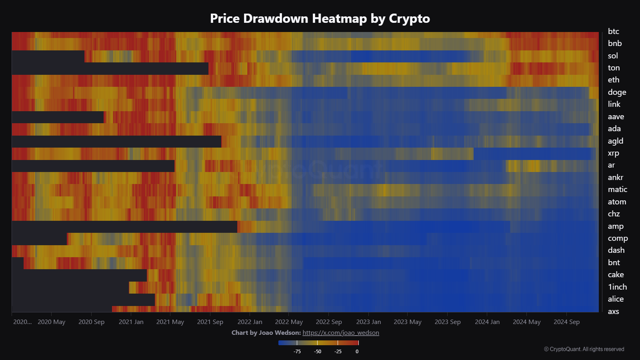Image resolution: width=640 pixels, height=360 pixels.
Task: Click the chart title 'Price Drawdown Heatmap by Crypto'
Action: [320, 18]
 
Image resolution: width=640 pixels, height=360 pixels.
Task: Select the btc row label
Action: [613, 31]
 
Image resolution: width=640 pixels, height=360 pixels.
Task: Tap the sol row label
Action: [613, 56]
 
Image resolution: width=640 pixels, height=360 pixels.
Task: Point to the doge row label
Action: [617, 92]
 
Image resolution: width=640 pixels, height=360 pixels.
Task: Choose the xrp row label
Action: [613, 153]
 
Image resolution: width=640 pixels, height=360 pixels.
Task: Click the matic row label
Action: [617, 189]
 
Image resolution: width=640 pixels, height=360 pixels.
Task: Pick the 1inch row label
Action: [617, 287]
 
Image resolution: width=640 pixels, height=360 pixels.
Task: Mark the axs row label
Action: [613, 311]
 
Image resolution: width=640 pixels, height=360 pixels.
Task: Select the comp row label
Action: [618, 238]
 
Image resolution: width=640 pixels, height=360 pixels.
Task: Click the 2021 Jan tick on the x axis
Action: [131, 322]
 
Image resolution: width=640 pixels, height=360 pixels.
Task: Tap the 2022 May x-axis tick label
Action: [289, 322]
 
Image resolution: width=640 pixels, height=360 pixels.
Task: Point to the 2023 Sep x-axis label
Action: [448, 322]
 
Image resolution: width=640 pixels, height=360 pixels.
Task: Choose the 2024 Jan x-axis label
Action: [487, 322]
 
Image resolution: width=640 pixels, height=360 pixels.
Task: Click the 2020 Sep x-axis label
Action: [91, 322]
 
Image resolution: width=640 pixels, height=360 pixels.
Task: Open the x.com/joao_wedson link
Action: [341, 333]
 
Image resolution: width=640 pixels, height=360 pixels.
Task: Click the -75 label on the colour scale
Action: [297, 352]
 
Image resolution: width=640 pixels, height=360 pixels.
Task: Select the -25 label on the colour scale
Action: [338, 352]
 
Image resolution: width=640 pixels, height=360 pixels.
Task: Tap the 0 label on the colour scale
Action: [357, 352]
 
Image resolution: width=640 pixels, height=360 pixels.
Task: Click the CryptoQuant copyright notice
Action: [584, 349]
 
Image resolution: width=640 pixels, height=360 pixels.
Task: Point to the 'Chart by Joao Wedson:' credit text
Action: [266, 333]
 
